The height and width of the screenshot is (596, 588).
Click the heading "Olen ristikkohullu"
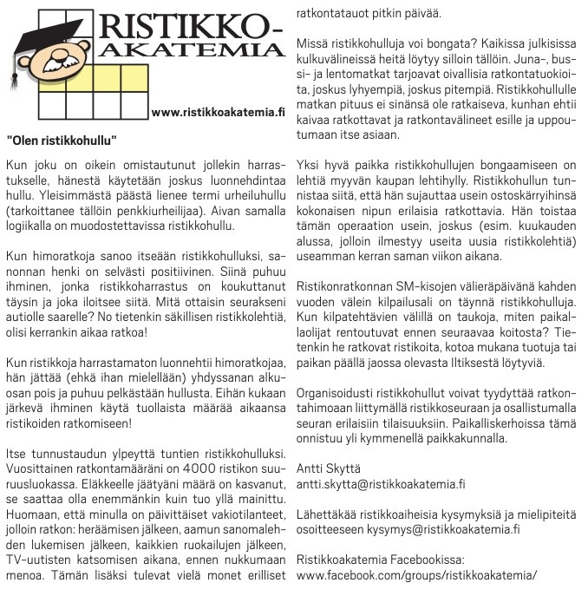click(62, 139)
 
